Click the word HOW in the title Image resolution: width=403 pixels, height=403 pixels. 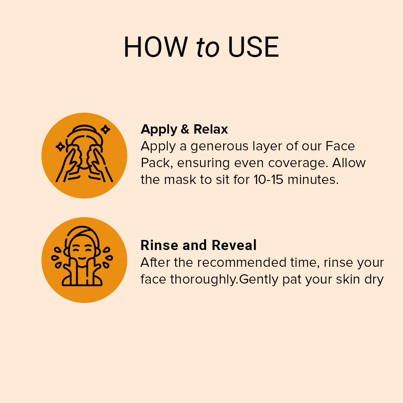[156, 47]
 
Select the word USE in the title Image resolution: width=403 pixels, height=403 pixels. [253, 47]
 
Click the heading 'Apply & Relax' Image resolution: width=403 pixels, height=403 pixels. [184, 129]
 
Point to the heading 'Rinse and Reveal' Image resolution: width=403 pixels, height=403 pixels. [199, 245]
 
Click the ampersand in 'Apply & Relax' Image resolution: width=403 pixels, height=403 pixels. [185, 129]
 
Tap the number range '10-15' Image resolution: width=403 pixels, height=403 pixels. [268, 179]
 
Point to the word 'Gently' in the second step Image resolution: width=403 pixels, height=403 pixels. [259, 279]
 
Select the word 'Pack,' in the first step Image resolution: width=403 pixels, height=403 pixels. [157, 163]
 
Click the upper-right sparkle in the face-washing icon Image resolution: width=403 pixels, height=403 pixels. [105, 129]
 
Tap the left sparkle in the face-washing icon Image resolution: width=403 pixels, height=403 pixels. [60, 147]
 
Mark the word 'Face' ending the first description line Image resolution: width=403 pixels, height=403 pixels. [340, 146]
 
